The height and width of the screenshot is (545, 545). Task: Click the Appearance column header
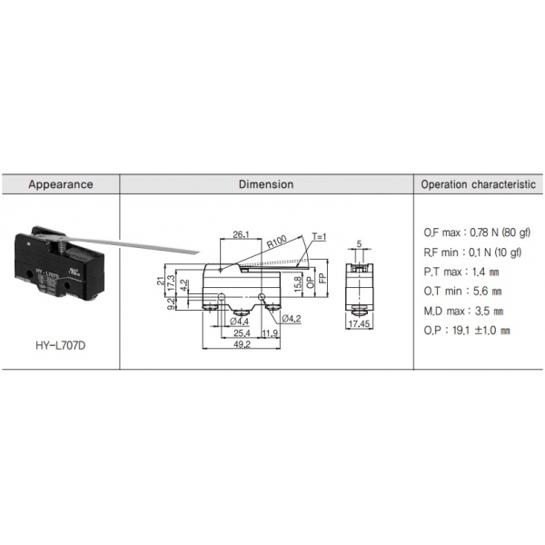(61, 184)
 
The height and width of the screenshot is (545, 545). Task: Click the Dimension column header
(266, 184)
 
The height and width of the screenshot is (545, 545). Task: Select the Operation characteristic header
(479, 184)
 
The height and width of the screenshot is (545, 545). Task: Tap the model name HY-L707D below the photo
(61, 345)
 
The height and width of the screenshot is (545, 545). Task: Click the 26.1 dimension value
(241, 234)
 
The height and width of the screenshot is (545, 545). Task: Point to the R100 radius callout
(277, 242)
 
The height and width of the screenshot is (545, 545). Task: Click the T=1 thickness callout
(320, 237)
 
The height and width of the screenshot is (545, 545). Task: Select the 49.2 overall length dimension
(242, 344)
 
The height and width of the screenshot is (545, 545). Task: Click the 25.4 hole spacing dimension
(242, 333)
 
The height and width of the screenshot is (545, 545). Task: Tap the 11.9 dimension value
(270, 333)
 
